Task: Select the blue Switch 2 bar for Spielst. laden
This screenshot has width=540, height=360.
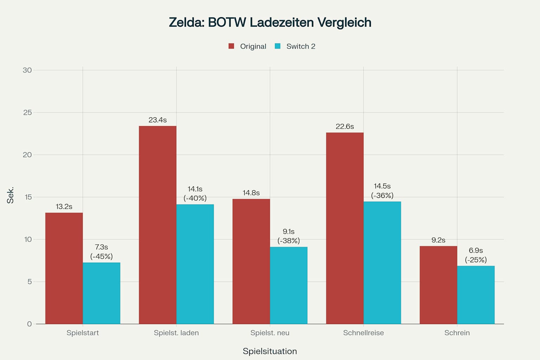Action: click(195, 264)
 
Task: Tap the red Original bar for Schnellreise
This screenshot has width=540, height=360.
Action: click(345, 228)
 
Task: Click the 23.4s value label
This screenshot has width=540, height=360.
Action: click(157, 120)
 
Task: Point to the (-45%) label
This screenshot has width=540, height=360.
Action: click(101, 256)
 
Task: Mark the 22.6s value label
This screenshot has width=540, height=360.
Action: click(345, 126)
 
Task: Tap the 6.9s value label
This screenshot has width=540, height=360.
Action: click(476, 250)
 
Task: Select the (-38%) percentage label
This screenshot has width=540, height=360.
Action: click(288, 240)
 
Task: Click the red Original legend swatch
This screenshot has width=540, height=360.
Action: click(231, 46)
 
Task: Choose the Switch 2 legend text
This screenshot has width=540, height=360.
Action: click(301, 46)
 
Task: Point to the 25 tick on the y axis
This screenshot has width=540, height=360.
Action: click(27, 112)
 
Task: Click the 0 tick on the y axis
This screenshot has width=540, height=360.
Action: click(29, 324)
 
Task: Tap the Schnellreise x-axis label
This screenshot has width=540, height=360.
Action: click(363, 333)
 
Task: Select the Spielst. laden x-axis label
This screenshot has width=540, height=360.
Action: click(176, 333)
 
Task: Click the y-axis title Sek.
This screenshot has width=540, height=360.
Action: click(10, 195)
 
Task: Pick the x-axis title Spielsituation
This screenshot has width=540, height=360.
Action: click(270, 351)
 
